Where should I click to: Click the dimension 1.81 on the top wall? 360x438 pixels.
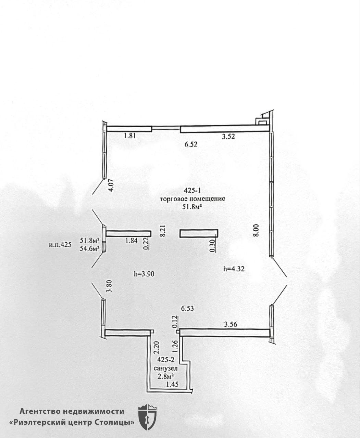130,136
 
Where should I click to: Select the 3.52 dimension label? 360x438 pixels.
228,137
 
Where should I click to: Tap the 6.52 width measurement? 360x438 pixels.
191,144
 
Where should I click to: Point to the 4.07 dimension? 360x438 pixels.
111,186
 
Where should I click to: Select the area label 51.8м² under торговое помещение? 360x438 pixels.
192,207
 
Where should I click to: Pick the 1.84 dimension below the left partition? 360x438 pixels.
132,241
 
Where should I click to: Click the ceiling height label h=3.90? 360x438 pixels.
144,274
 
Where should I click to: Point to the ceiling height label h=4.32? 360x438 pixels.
234,269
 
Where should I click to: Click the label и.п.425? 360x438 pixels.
60,245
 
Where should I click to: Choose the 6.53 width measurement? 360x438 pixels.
187,308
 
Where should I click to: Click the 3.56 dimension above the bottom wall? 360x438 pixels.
231,324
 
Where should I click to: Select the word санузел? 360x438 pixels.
166,369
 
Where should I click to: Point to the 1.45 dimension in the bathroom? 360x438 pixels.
172,384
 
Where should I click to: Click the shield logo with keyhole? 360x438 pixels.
147,411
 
